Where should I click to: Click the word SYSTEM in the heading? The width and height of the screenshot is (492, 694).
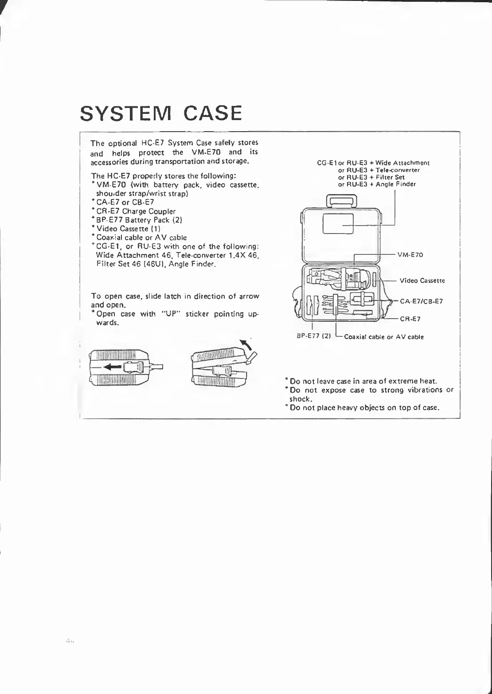pos(127,113)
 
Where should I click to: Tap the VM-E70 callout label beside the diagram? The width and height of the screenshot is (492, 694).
pos(410,255)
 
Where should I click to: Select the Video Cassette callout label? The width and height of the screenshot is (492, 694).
pos(422,281)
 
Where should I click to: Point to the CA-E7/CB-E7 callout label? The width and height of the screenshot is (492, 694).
pos(421,301)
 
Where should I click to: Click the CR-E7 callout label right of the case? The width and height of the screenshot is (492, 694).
pos(410,319)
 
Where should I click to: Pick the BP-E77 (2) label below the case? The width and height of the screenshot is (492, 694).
pos(313,335)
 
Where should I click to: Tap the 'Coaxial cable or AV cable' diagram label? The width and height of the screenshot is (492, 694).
pos(383,337)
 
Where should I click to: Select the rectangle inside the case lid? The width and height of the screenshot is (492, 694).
pos(337,223)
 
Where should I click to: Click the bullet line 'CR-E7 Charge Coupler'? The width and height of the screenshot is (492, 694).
pos(136,211)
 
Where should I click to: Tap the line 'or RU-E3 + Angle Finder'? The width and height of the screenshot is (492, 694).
pos(377,184)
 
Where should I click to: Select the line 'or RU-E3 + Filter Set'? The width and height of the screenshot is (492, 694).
pos(371,177)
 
